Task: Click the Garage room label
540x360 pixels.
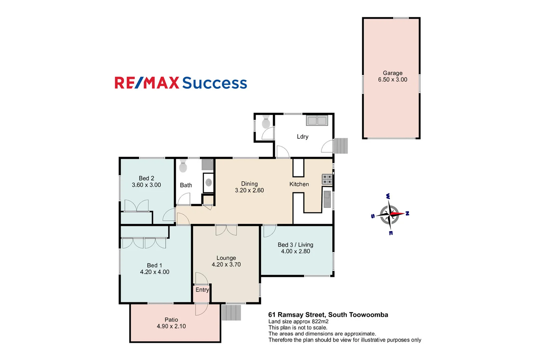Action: point(392,73)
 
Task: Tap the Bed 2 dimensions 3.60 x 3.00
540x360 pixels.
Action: point(146,185)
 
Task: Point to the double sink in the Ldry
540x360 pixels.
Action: point(317,120)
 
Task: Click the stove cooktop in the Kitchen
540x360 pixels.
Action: point(327,179)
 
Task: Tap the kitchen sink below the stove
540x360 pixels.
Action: point(327,199)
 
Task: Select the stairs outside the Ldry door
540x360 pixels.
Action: point(341,146)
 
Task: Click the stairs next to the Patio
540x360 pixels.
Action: point(231,312)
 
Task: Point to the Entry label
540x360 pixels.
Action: point(202,290)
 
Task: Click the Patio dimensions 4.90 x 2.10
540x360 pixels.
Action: point(171,326)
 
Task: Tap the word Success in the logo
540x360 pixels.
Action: point(214,83)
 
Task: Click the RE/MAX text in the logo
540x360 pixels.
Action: point(147,83)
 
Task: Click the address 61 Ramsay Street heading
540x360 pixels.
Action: point(328,315)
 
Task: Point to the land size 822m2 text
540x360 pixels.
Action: point(320,322)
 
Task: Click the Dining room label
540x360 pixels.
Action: point(249,184)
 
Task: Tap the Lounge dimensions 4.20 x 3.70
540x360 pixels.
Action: point(226,265)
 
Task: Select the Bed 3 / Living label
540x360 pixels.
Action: point(295,245)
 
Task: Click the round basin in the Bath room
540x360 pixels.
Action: point(209,182)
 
